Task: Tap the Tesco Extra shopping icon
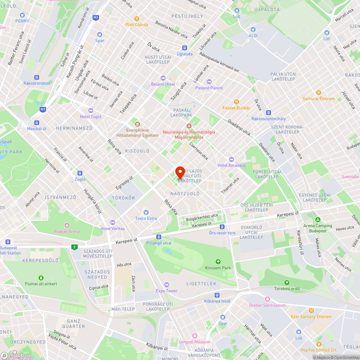coord(146,212)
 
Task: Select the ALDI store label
coord(253,35)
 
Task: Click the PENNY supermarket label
coord(22,21)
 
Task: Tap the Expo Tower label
coord(167,291)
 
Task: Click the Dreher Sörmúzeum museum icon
coord(267,299)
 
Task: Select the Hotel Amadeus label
coord(231,165)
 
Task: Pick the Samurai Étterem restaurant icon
coord(318,93)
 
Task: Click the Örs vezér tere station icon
coord(222,227)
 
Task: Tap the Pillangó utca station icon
coord(159,237)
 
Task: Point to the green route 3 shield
coord(74,247)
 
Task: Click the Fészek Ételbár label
coord(236,108)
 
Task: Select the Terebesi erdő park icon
coord(287,283)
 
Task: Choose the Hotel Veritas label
coord(113,229)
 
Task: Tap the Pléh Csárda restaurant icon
coord(136,19)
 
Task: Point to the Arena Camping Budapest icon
coord(318,220)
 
